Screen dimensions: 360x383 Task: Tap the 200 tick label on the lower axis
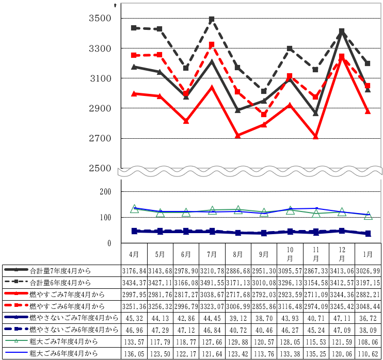[x=105, y=192]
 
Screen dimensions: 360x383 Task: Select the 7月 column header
[x=212, y=254]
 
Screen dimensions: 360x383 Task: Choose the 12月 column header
[x=342, y=254]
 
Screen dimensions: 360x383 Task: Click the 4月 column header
[x=134, y=254]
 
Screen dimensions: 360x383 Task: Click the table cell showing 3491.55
[x=212, y=283]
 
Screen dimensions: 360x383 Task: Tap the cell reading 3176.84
[x=134, y=271]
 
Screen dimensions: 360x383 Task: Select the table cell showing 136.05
[x=134, y=354]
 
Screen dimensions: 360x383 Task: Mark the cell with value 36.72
[x=369, y=318]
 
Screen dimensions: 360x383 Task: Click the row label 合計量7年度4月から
[x=60, y=271]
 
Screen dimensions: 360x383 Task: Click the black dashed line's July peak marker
[x=212, y=20]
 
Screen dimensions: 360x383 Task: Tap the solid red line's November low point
[x=316, y=137]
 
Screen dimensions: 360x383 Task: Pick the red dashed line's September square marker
[x=264, y=114]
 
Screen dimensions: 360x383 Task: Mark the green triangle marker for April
[x=134, y=209]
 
